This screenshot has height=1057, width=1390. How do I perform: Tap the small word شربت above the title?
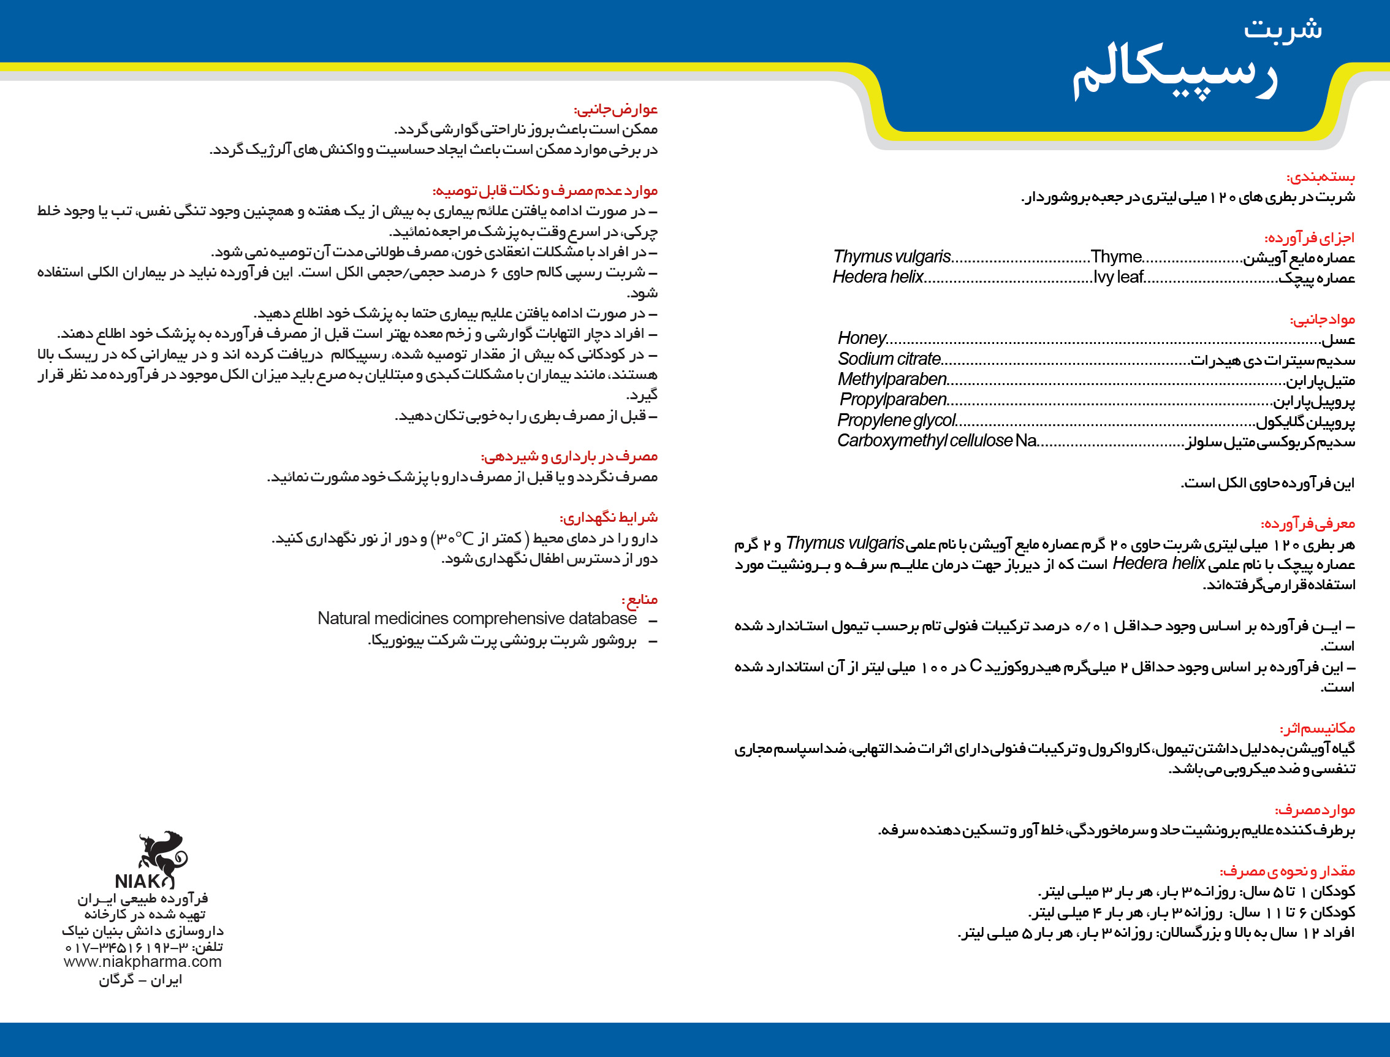pyautogui.click(x=1283, y=28)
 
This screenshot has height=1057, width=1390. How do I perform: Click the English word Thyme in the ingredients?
pyautogui.click(x=1116, y=257)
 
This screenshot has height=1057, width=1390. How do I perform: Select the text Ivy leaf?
pyautogui.click(x=1118, y=278)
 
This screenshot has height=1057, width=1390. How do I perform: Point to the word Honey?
pyautogui.click(x=862, y=338)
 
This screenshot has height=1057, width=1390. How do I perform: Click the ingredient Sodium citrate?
pyautogui.click(x=889, y=359)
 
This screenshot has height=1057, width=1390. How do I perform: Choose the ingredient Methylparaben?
pyautogui.click(x=892, y=380)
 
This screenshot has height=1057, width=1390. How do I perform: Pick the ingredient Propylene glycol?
pyautogui.click(x=896, y=420)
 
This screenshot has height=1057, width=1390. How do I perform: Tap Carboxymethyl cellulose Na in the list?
pyautogui.click(x=936, y=440)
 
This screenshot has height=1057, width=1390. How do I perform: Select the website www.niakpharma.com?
pyautogui.click(x=143, y=961)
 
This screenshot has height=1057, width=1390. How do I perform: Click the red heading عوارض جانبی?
pyautogui.click(x=616, y=110)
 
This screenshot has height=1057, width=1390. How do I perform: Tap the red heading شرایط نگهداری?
pyautogui.click(x=608, y=518)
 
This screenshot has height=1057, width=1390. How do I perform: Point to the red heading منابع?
pyautogui.click(x=639, y=599)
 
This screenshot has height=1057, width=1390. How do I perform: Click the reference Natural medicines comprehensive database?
pyautogui.click(x=477, y=619)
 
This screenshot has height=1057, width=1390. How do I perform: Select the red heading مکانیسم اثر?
pyautogui.click(x=1317, y=728)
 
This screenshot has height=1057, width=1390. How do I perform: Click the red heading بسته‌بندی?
pyautogui.click(x=1321, y=177)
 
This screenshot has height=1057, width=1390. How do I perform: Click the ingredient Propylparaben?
pyautogui.click(x=893, y=400)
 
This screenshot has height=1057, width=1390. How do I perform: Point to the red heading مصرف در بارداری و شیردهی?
pyautogui.click(x=569, y=456)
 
